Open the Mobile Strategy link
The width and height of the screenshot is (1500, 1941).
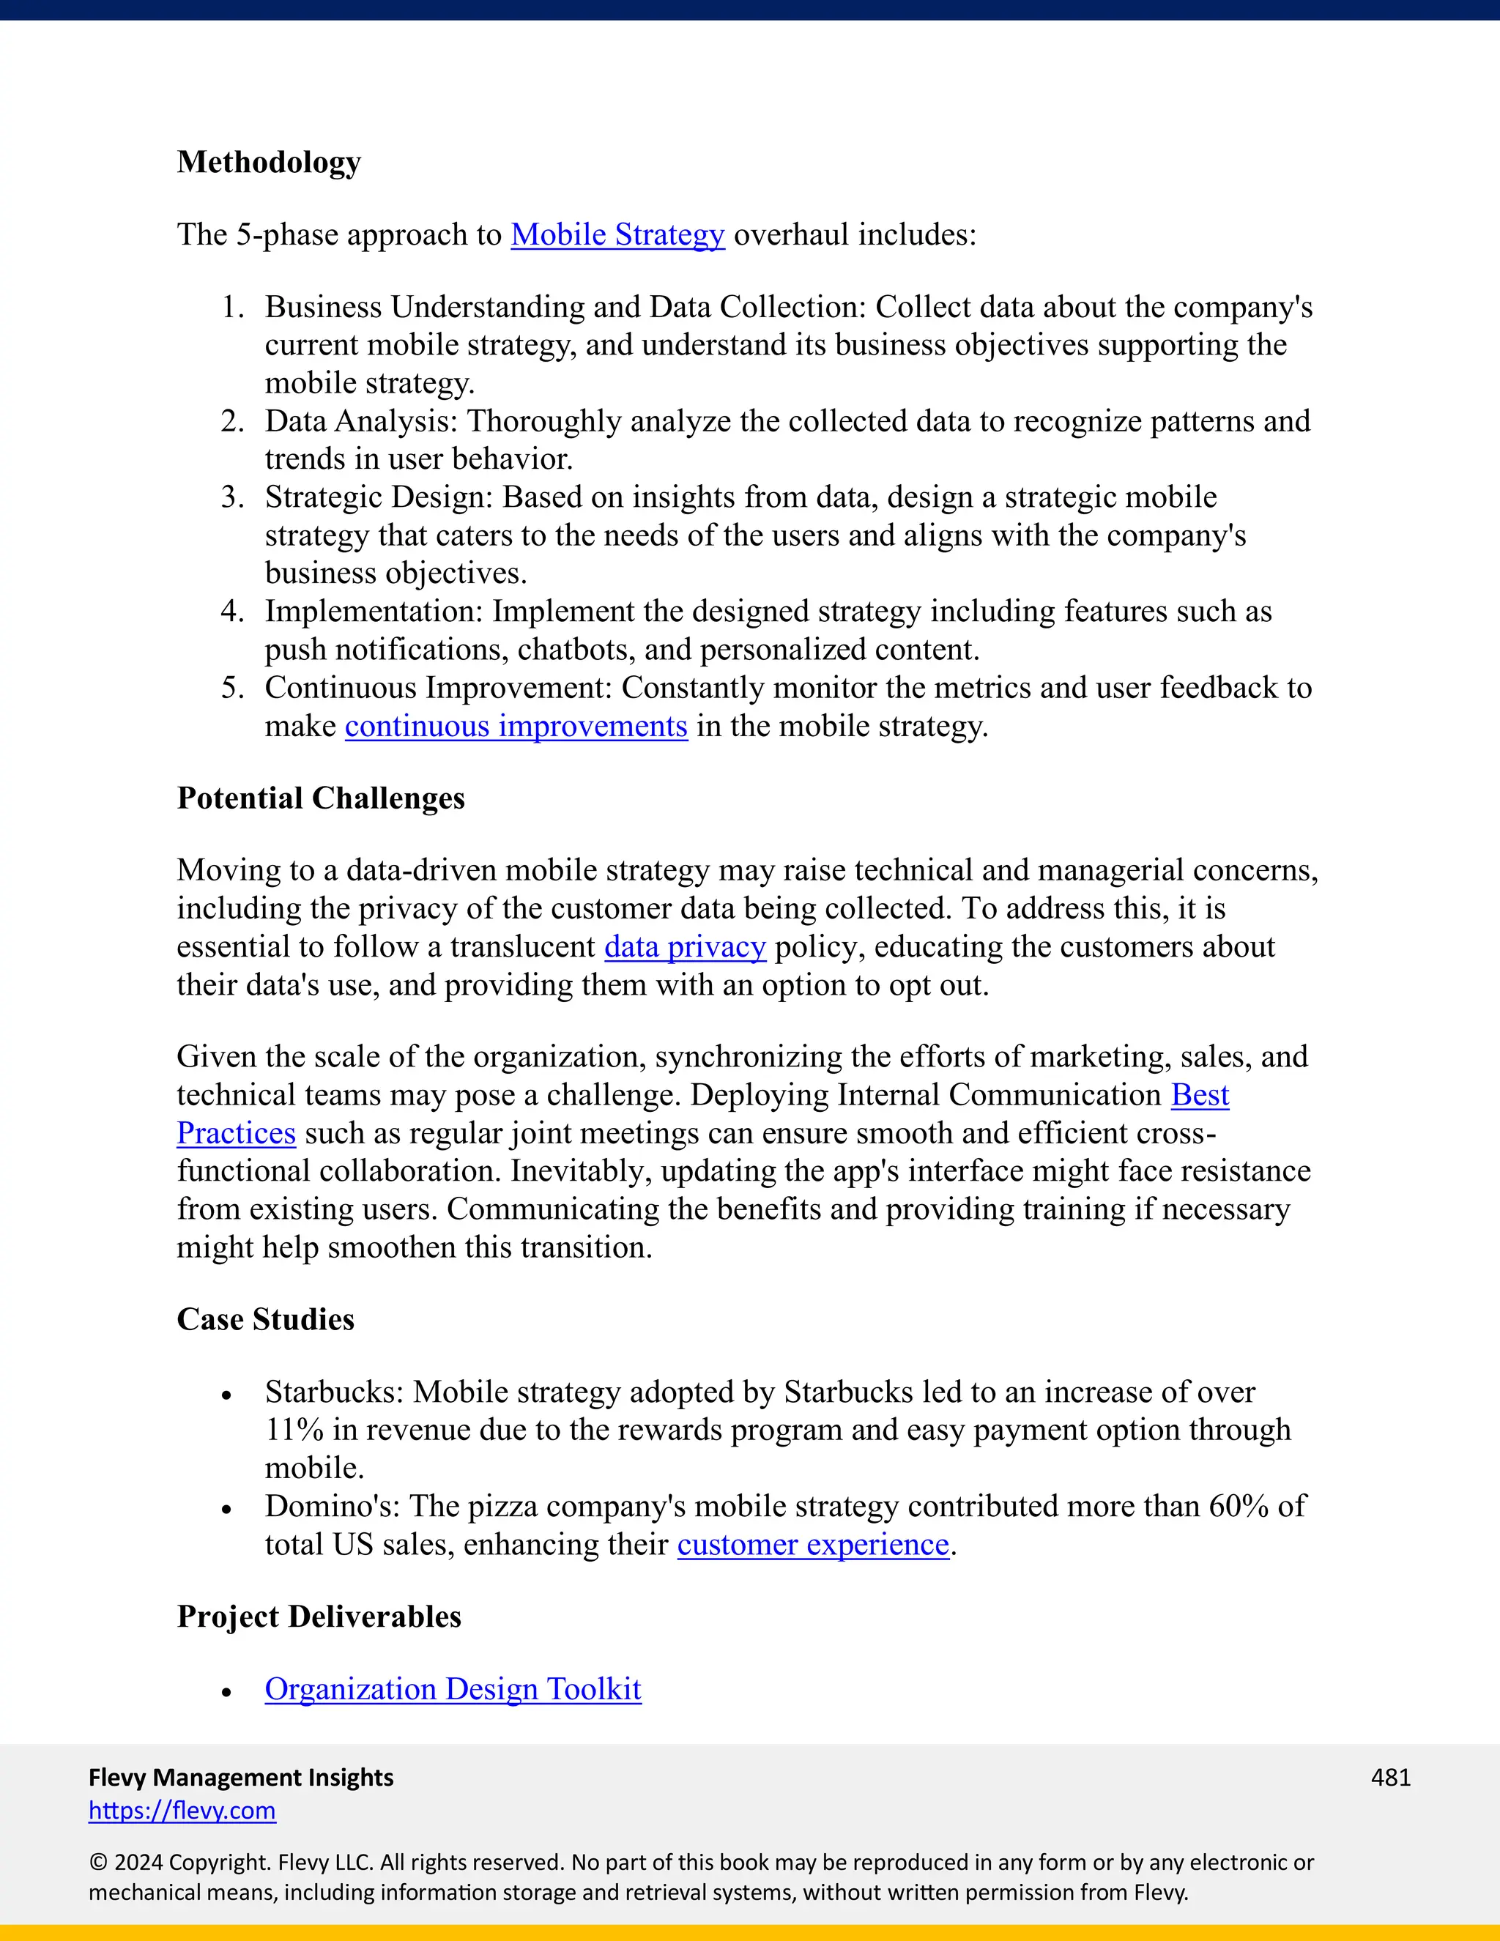click(x=617, y=234)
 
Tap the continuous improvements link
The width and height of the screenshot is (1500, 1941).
click(x=516, y=726)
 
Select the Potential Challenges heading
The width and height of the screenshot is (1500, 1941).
click(x=320, y=798)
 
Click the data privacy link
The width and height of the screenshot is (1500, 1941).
click(x=684, y=946)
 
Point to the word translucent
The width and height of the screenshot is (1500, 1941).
click(x=522, y=946)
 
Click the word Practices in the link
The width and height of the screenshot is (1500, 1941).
click(x=236, y=1133)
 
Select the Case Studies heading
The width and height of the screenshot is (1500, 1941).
click(x=265, y=1319)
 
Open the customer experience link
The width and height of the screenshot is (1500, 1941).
click(x=813, y=1545)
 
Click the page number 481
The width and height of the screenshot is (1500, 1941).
click(x=1390, y=1778)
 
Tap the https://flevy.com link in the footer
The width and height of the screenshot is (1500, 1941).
click(x=182, y=1811)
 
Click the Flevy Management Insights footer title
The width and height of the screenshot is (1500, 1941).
click(x=241, y=1778)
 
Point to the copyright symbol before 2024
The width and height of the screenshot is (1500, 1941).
click(x=97, y=1863)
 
